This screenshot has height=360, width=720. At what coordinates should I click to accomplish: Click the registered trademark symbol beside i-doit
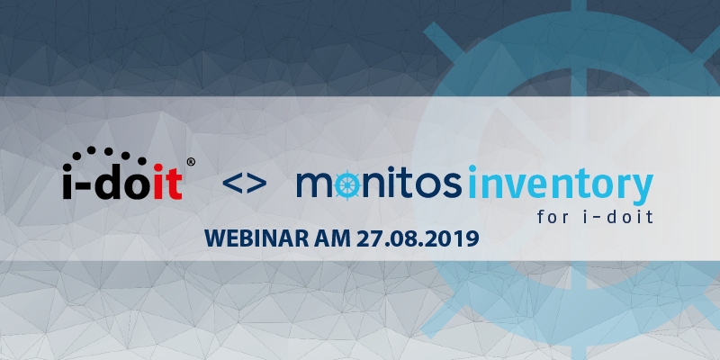click(191, 162)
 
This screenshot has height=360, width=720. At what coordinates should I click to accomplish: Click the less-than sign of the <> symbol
click(232, 184)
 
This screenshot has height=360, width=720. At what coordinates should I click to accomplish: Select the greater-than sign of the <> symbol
click(257, 184)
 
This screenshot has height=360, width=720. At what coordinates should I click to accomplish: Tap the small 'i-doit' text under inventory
click(622, 216)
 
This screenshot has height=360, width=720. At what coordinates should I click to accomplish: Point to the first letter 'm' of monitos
click(314, 184)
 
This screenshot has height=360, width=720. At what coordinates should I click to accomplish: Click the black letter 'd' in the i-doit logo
click(110, 182)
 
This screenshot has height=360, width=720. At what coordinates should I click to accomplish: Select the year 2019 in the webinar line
click(456, 238)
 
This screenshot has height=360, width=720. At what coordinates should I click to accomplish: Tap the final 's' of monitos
click(453, 184)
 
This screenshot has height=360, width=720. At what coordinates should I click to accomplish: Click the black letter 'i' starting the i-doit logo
click(68, 182)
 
